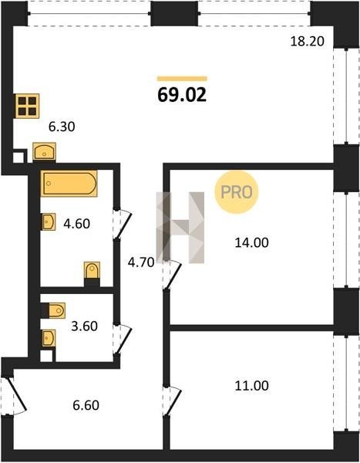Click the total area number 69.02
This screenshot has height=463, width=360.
pos(182,95)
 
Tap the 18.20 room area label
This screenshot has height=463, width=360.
pos(308,42)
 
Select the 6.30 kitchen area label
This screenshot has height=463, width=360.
pos(62,127)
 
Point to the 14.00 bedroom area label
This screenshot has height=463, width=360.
pos(252,242)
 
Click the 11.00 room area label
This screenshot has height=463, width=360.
pos(252,386)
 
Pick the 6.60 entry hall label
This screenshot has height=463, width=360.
pos(86,405)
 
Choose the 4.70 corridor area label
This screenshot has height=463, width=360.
pos(141,262)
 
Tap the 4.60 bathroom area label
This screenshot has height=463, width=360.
pos(77,224)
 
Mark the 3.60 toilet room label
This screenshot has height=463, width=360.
pos(85,326)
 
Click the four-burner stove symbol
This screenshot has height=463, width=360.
pos(27,106)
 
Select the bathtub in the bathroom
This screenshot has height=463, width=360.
pos(69,184)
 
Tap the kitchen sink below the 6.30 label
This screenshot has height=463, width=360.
pos(44,152)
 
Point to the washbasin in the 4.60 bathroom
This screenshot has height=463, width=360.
pos(49,221)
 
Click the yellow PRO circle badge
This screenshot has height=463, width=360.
pos(237,192)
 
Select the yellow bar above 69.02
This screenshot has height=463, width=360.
pos(182,79)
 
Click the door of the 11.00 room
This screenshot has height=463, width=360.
pos(173,401)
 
